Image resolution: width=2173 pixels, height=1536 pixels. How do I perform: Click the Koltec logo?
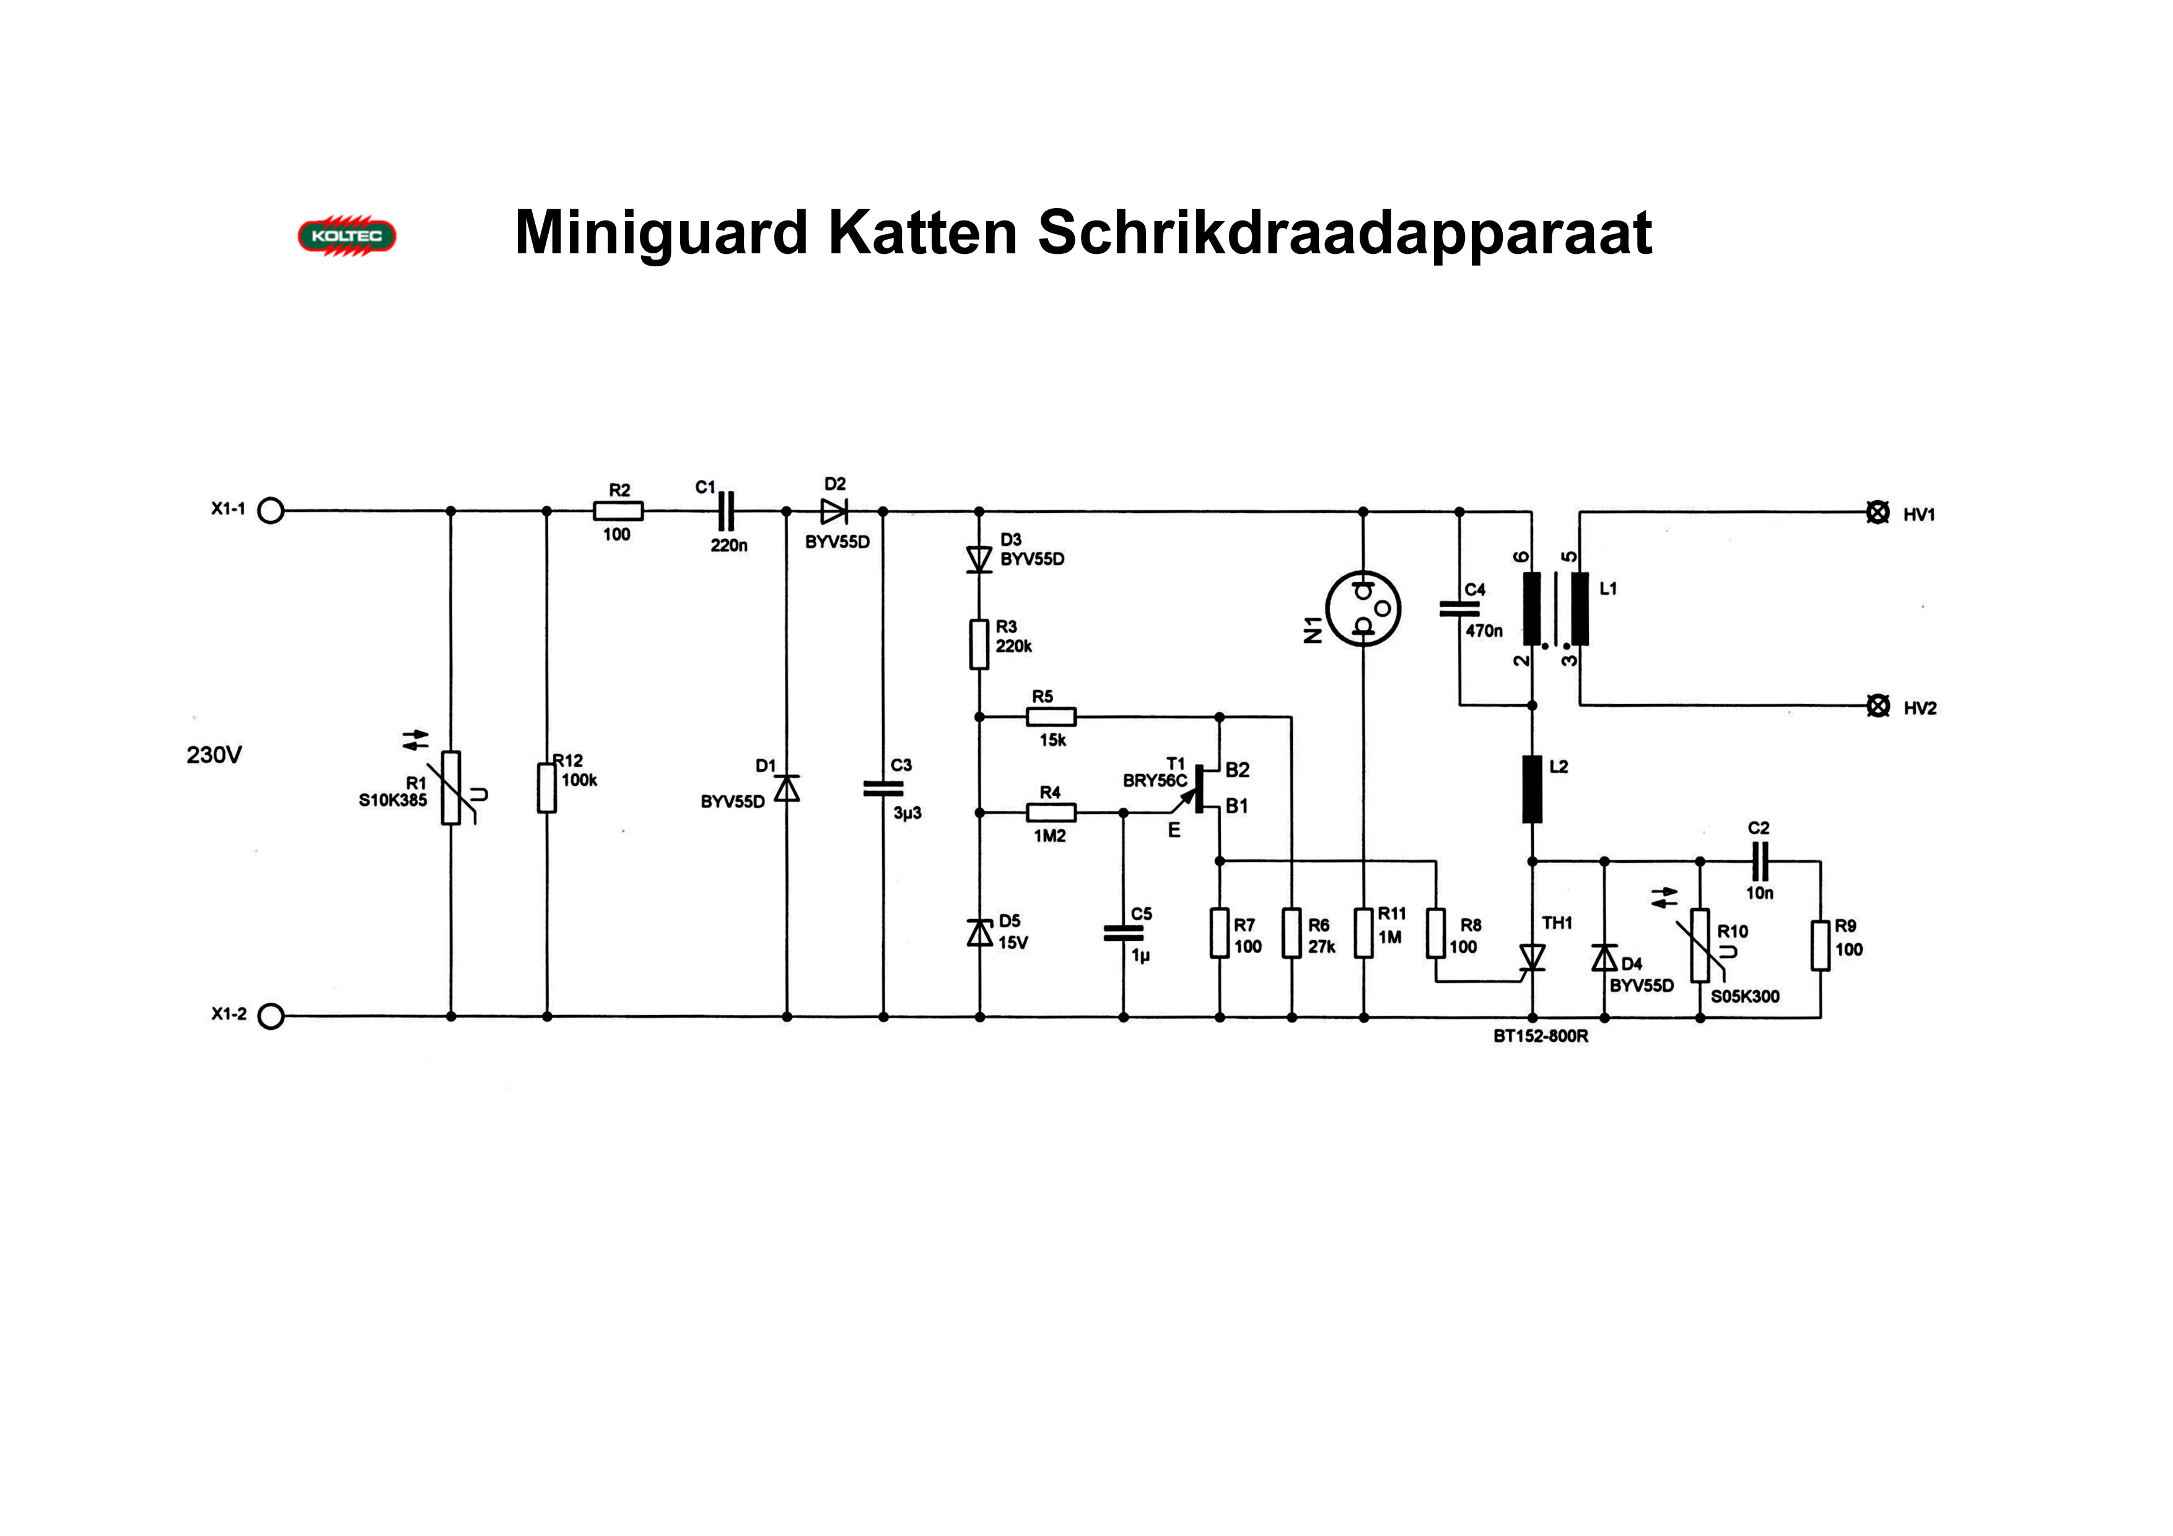[x=346, y=235]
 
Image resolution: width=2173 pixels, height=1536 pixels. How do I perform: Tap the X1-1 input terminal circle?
[x=271, y=511]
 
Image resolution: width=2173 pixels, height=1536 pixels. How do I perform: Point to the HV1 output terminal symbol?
[x=1877, y=512]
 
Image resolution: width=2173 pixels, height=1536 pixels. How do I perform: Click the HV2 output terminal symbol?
[x=1877, y=705]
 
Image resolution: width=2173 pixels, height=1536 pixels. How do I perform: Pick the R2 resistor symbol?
[x=618, y=511]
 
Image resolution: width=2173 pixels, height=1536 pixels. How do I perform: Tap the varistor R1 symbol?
[x=452, y=787]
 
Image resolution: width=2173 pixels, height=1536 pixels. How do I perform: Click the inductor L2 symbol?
[x=1532, y=789]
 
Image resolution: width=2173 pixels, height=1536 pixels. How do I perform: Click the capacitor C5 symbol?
[x=1124, y=933]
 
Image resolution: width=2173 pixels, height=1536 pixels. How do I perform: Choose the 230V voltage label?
[x=214, y=755]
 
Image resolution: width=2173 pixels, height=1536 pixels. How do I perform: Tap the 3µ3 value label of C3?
[x=907, y=813]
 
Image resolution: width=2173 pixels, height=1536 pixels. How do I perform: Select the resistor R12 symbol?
[x=547, y=787]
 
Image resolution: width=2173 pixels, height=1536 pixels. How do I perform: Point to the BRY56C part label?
[x=1155, y=781]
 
